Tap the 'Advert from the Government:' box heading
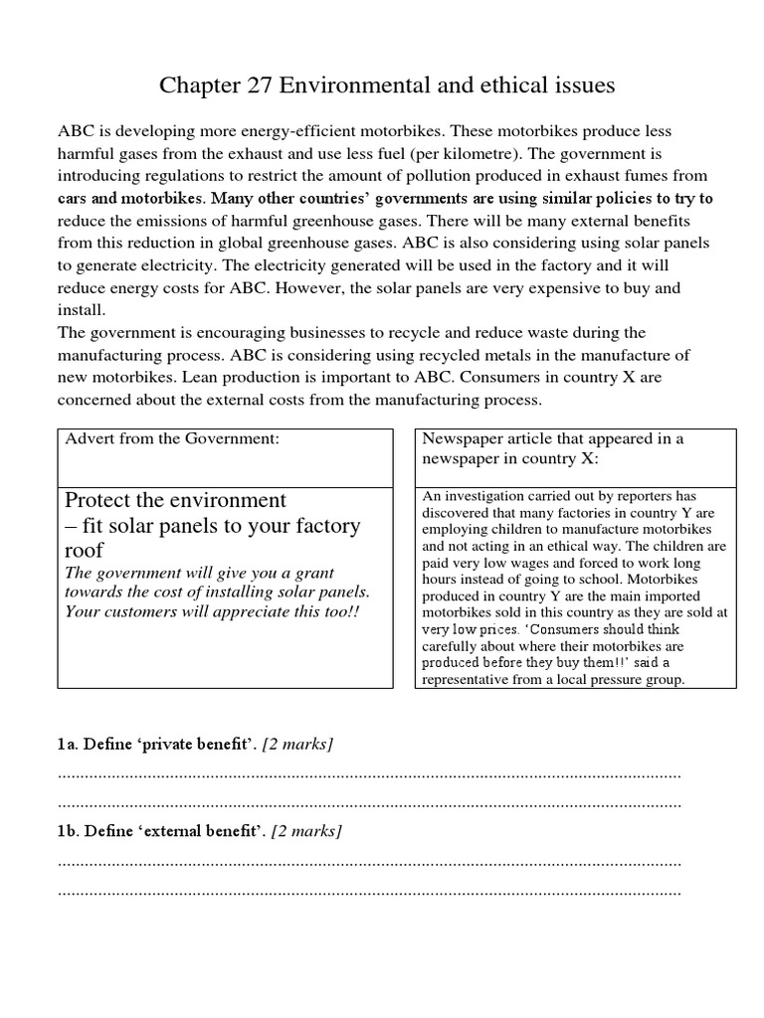point(165,439)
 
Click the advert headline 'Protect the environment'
point(175,499)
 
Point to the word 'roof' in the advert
point(84,550)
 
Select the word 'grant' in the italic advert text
point(313,574)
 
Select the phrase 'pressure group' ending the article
point(637,680)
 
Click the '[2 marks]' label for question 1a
point(297,745)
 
